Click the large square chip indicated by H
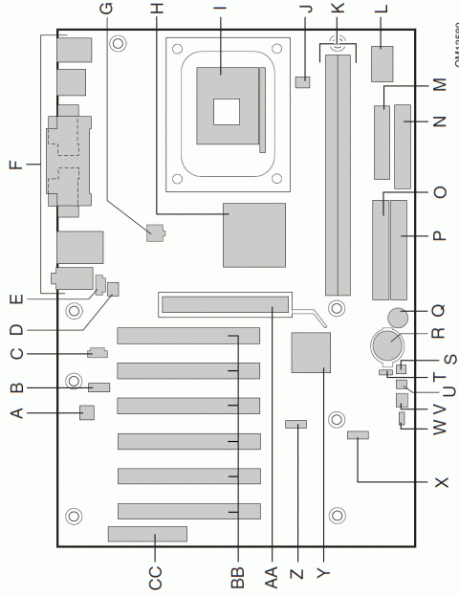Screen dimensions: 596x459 click(254, 234)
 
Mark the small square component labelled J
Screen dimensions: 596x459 click(304, 82)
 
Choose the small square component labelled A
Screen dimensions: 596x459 click(87, 413)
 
